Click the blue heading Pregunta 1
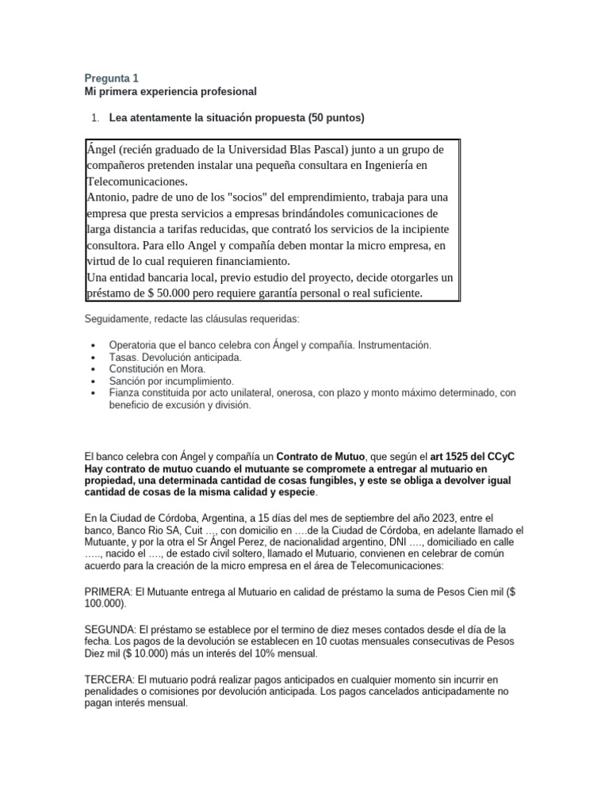coord(111,78)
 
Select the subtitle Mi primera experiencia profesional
coord(170,92)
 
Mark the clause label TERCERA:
coord(109,679)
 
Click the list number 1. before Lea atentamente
coord(95,118)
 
